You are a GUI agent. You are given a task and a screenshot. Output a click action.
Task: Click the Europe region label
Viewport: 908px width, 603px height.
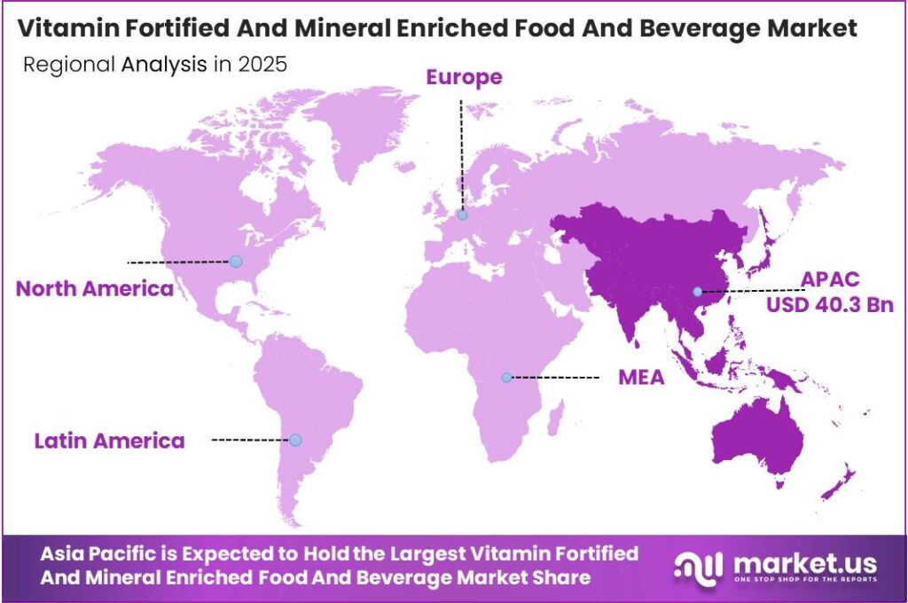464,77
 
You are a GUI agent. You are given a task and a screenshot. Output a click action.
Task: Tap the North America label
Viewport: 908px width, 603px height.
95,288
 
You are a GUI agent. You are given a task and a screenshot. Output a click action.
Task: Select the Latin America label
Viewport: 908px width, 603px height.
110,440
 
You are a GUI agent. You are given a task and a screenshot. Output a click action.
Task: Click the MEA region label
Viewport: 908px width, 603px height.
641,378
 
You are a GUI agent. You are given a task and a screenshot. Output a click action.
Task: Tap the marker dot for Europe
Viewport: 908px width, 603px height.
462,215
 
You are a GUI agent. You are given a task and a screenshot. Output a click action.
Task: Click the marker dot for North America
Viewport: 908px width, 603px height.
236,261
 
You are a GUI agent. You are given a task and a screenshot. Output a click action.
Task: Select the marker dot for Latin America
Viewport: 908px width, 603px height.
295,440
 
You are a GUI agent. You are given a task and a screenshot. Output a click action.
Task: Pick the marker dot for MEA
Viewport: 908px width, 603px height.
506,377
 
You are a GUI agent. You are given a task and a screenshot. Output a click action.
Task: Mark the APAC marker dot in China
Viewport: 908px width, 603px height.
698,292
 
